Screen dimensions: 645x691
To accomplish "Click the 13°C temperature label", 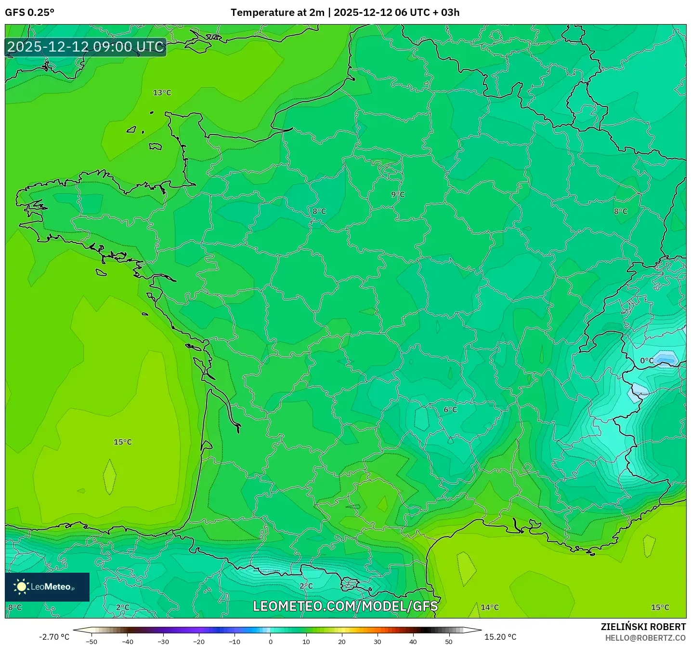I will (x=162, y=93).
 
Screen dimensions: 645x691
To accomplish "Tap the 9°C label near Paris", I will (x=398, y=194).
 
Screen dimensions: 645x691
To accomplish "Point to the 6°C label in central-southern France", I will (x=450, y=410).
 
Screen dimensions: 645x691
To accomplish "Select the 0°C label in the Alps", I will (x=647, y=361).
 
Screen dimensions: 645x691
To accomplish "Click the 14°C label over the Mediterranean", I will (x=490, y=607).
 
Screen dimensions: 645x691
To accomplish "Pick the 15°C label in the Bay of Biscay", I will (x=122, y=442).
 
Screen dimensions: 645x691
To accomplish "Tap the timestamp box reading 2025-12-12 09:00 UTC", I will (x=86, y=47).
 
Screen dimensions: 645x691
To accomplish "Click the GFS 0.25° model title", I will (x=29, y=13).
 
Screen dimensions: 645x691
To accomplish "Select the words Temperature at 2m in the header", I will (x=277, y=13).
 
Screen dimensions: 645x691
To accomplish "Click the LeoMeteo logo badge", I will (x=47, y=587).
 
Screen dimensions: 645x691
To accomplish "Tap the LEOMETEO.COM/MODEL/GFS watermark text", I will (x=345, y=606).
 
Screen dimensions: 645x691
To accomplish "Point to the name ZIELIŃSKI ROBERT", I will (x=643, y=627).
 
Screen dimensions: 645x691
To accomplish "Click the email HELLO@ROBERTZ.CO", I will (x=645, y=638).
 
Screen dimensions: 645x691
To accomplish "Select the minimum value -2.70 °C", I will (x=54, y=637).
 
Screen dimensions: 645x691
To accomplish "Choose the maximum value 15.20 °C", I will (x=500, y=637).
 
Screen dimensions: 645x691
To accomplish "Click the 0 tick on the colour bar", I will (x=270, y=641).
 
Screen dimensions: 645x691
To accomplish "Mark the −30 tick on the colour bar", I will (x=163, y=641).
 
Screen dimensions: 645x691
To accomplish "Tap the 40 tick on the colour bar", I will (x=413, y=641).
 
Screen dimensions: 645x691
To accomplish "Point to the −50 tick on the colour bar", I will (x=91, y=641).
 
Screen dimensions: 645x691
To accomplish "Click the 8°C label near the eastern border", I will (x=620, y=211).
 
